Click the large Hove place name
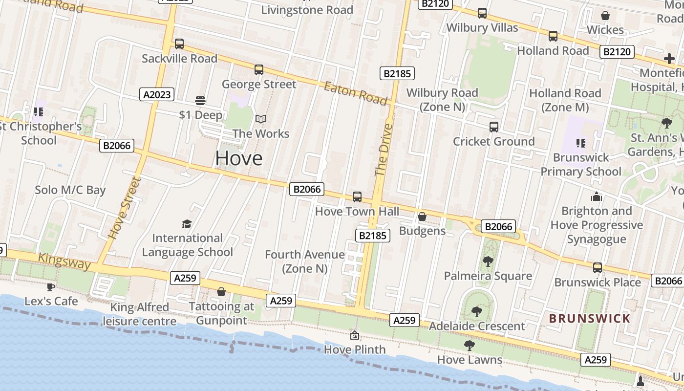click(239, 158)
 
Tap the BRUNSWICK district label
click(590, 319)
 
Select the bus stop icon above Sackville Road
click(179, 44)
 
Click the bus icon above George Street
click(259, 70)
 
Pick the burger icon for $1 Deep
click(200, 101)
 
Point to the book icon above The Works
click(261, 119)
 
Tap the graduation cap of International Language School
click(187, 224)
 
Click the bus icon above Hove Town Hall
click(357, 197)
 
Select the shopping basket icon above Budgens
click(422, 216)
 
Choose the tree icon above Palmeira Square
click(488, 261)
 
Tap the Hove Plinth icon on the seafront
click(355, 335)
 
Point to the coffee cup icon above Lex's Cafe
click(50, 287)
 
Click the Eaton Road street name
click(356, 93)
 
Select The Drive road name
click(384, 150)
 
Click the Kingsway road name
click(64, 261)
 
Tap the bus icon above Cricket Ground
click(494, 127)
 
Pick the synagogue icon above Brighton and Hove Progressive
click(596, 196)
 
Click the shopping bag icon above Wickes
click(605, 16)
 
